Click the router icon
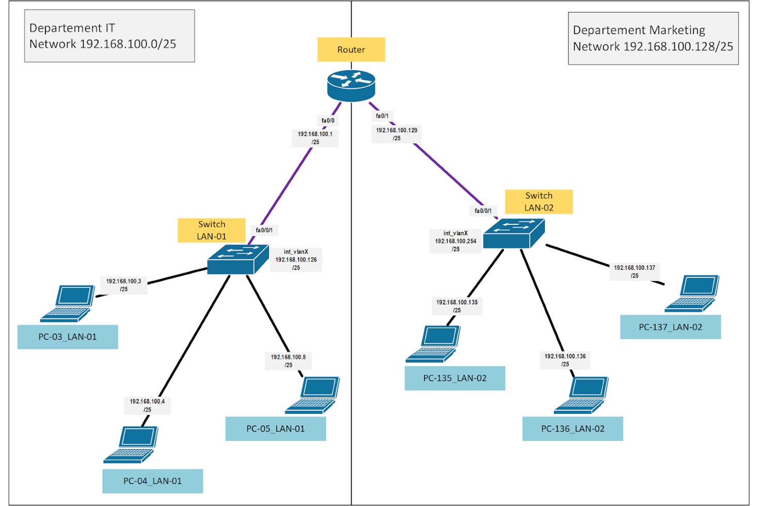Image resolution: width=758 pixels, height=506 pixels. (351, 86)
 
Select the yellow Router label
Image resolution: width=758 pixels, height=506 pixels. (351, 50)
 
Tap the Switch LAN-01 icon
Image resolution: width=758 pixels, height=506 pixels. (238, 259)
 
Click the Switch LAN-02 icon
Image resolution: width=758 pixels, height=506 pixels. (514, 233)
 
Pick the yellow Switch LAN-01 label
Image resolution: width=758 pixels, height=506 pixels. (212, 231)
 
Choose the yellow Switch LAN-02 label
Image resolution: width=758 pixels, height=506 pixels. (539, 202)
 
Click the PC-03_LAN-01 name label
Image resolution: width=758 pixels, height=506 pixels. (68, 337)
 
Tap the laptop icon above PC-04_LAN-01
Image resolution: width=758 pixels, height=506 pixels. (131, 444)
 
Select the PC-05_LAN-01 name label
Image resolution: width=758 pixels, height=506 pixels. (275, 429)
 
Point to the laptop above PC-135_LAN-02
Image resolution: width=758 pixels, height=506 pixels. (433, 344)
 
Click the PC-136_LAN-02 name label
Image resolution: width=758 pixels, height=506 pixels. (573, 429)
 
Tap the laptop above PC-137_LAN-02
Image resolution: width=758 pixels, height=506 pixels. (692, 293)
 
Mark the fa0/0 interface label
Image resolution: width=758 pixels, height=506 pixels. (328, 120)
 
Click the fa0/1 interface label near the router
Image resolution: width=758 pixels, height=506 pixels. (382, 116)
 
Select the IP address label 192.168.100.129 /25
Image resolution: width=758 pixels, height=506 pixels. (397, 134)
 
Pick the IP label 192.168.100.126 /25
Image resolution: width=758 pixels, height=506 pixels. (296, 260)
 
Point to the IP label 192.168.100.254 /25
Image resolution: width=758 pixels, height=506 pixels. (455, 241)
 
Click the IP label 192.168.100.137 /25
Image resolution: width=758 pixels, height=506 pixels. (635, 271)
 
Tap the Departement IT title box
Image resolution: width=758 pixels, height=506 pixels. (109, 36)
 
